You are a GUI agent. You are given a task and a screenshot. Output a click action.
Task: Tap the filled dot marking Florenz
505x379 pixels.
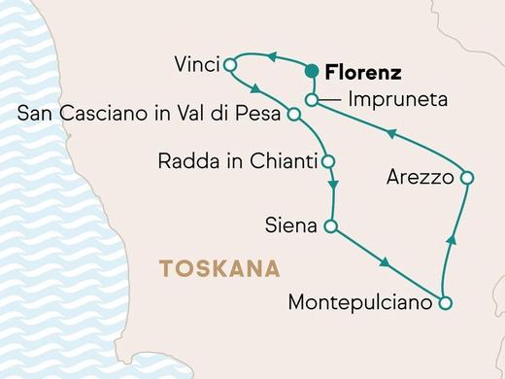tap(313, 71)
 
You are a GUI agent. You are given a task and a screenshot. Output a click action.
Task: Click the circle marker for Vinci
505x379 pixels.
tap(230, 65)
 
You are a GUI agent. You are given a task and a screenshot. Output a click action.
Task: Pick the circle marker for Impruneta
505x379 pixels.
tap(311, 100)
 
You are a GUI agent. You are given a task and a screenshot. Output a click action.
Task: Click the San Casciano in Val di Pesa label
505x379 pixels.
tap(150, 114)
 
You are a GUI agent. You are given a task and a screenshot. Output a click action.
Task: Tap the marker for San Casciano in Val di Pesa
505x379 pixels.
tap(293, 114)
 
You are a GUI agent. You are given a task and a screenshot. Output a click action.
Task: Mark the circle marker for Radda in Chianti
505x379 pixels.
tap(328, 160)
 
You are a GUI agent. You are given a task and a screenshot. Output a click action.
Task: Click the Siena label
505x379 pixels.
tap(291, 227)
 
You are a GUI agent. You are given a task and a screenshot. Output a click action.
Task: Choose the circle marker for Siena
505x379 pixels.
tap(329, 227)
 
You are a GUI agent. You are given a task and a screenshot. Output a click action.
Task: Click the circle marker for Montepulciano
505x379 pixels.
tap(445, 303)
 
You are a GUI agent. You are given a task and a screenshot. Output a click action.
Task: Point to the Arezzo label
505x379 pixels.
tap(420, 178)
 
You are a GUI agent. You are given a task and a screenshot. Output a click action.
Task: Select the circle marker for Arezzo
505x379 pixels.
tap(466, 178)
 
